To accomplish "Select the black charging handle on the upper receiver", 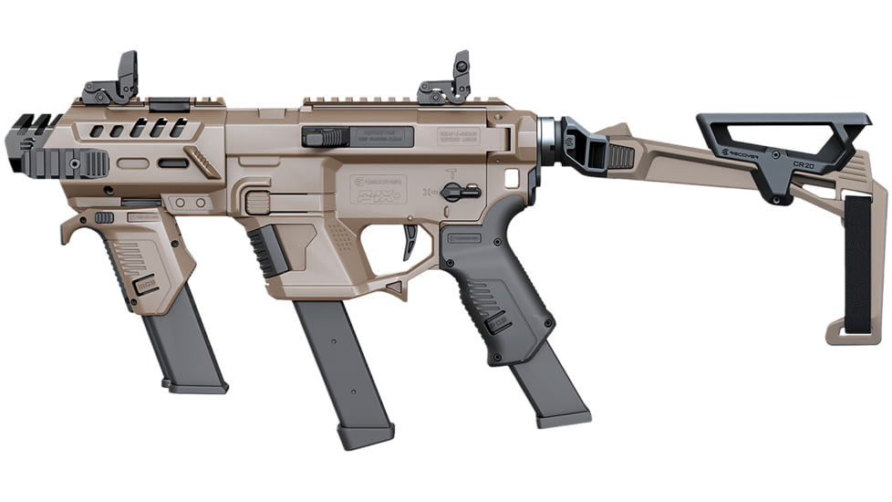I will point(326,138).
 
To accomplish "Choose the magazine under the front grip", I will point(185,351).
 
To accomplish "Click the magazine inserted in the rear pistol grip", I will point(548,388).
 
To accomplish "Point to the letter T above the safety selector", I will point(450,172).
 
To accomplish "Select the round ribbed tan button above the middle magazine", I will point(259,203).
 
